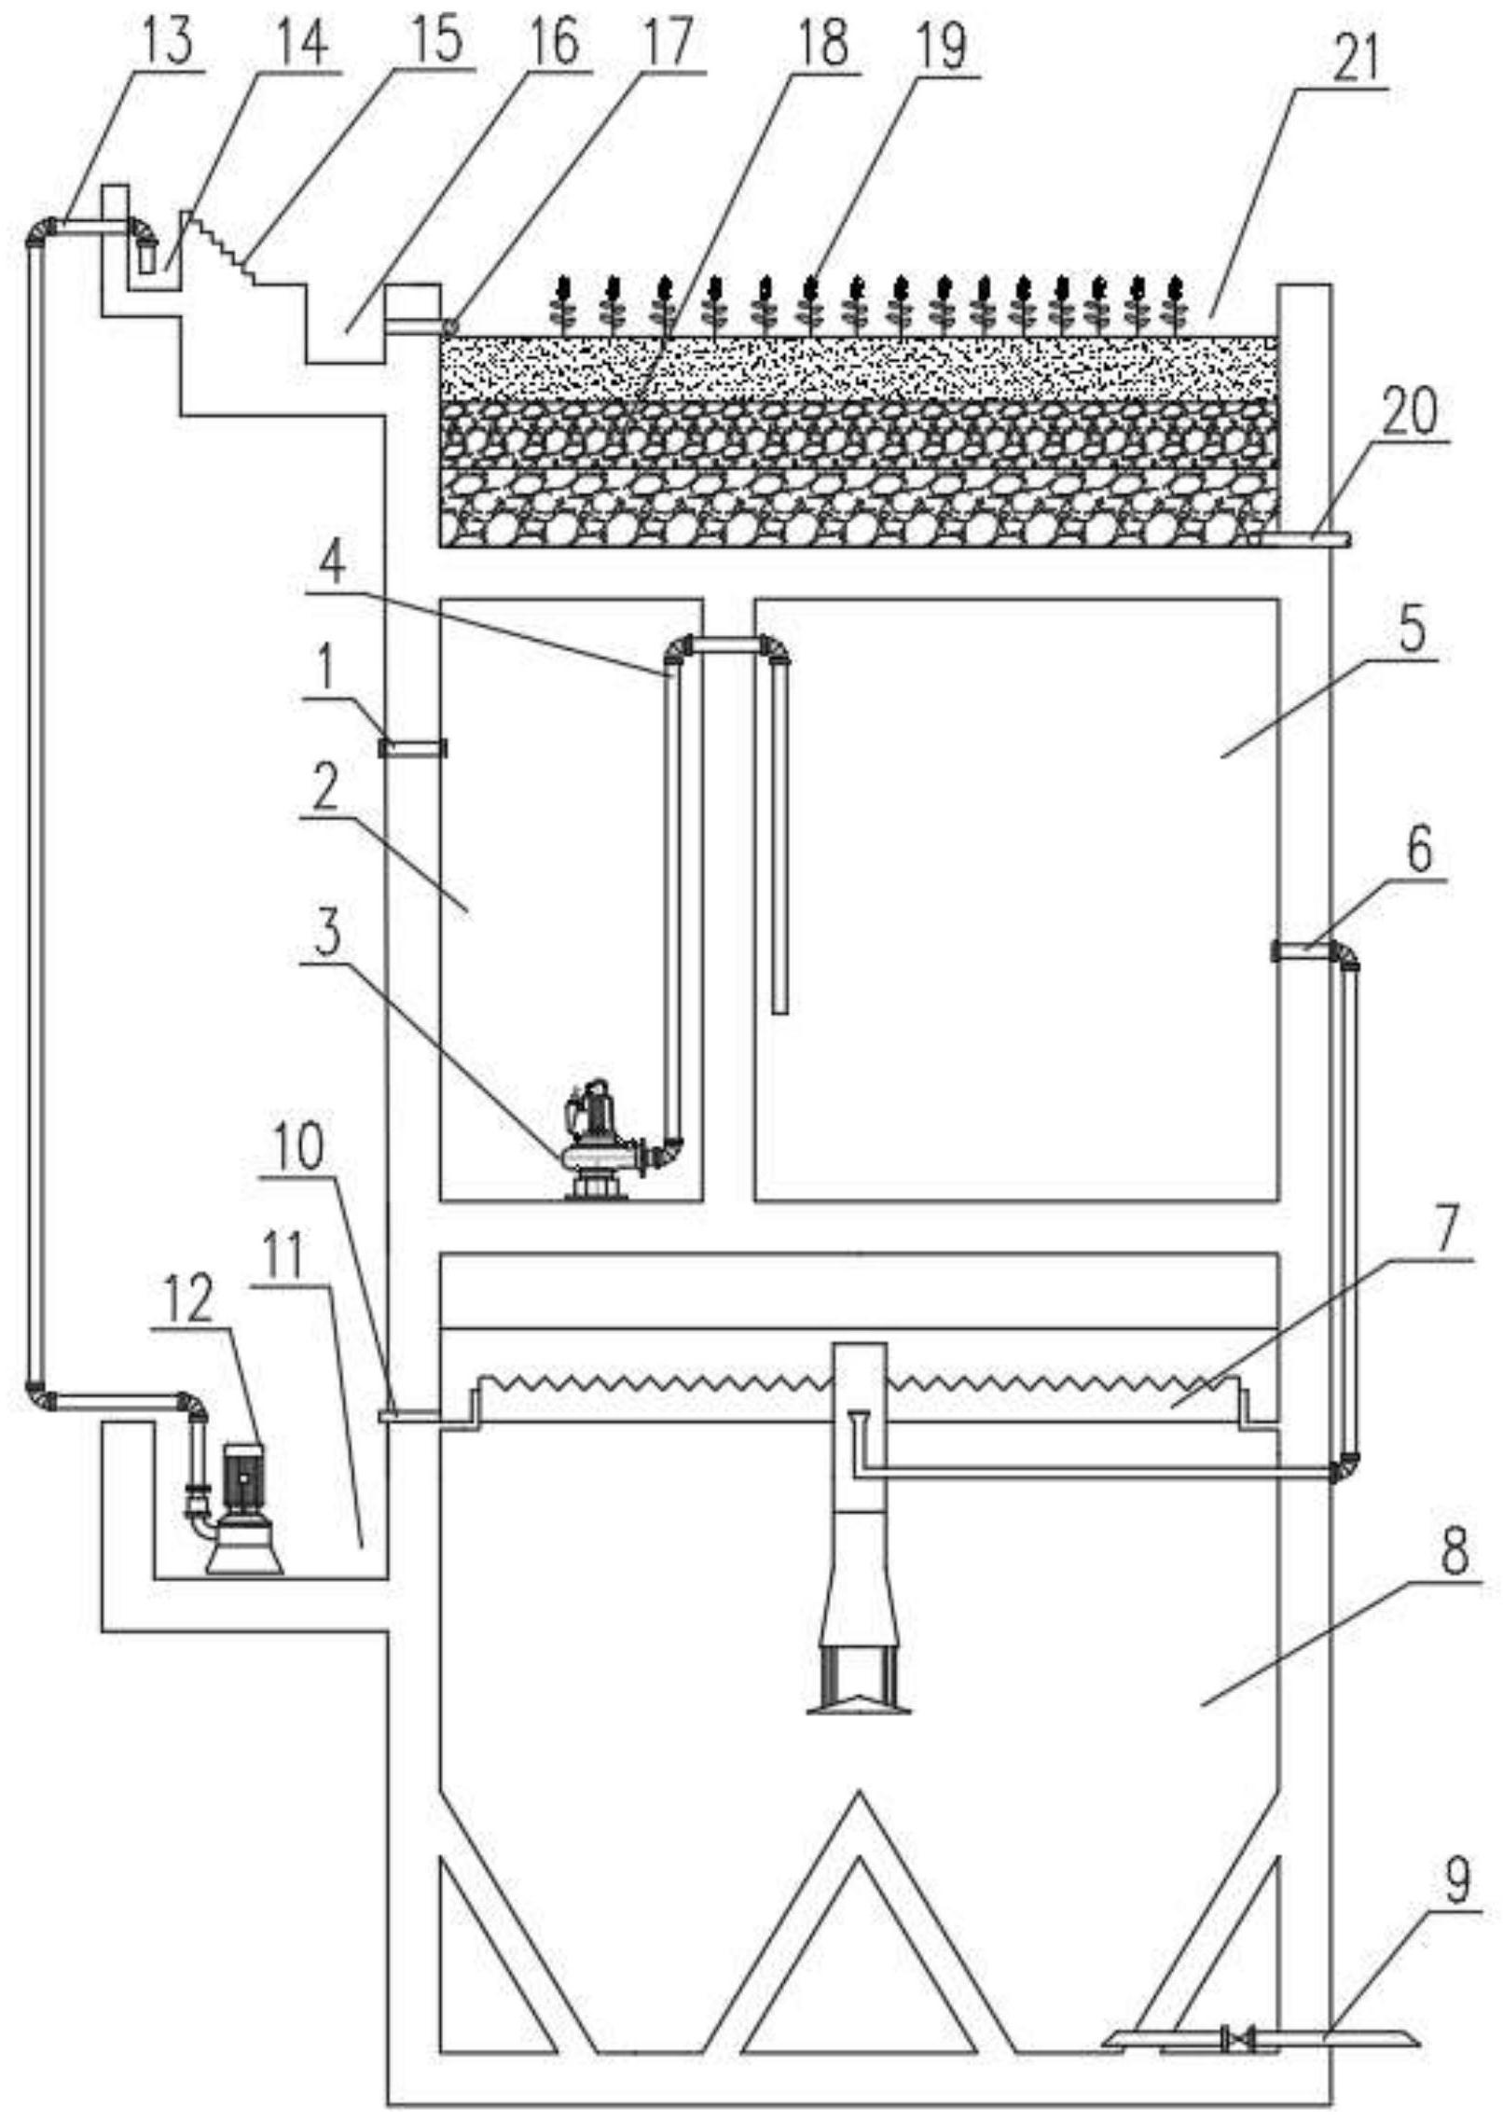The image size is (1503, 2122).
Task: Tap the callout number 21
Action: pos(1362,59)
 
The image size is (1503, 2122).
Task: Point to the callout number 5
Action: pos(1412,632)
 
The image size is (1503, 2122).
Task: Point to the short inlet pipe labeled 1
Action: pos(412,748)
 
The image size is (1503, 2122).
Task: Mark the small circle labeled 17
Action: pos(449,326)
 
